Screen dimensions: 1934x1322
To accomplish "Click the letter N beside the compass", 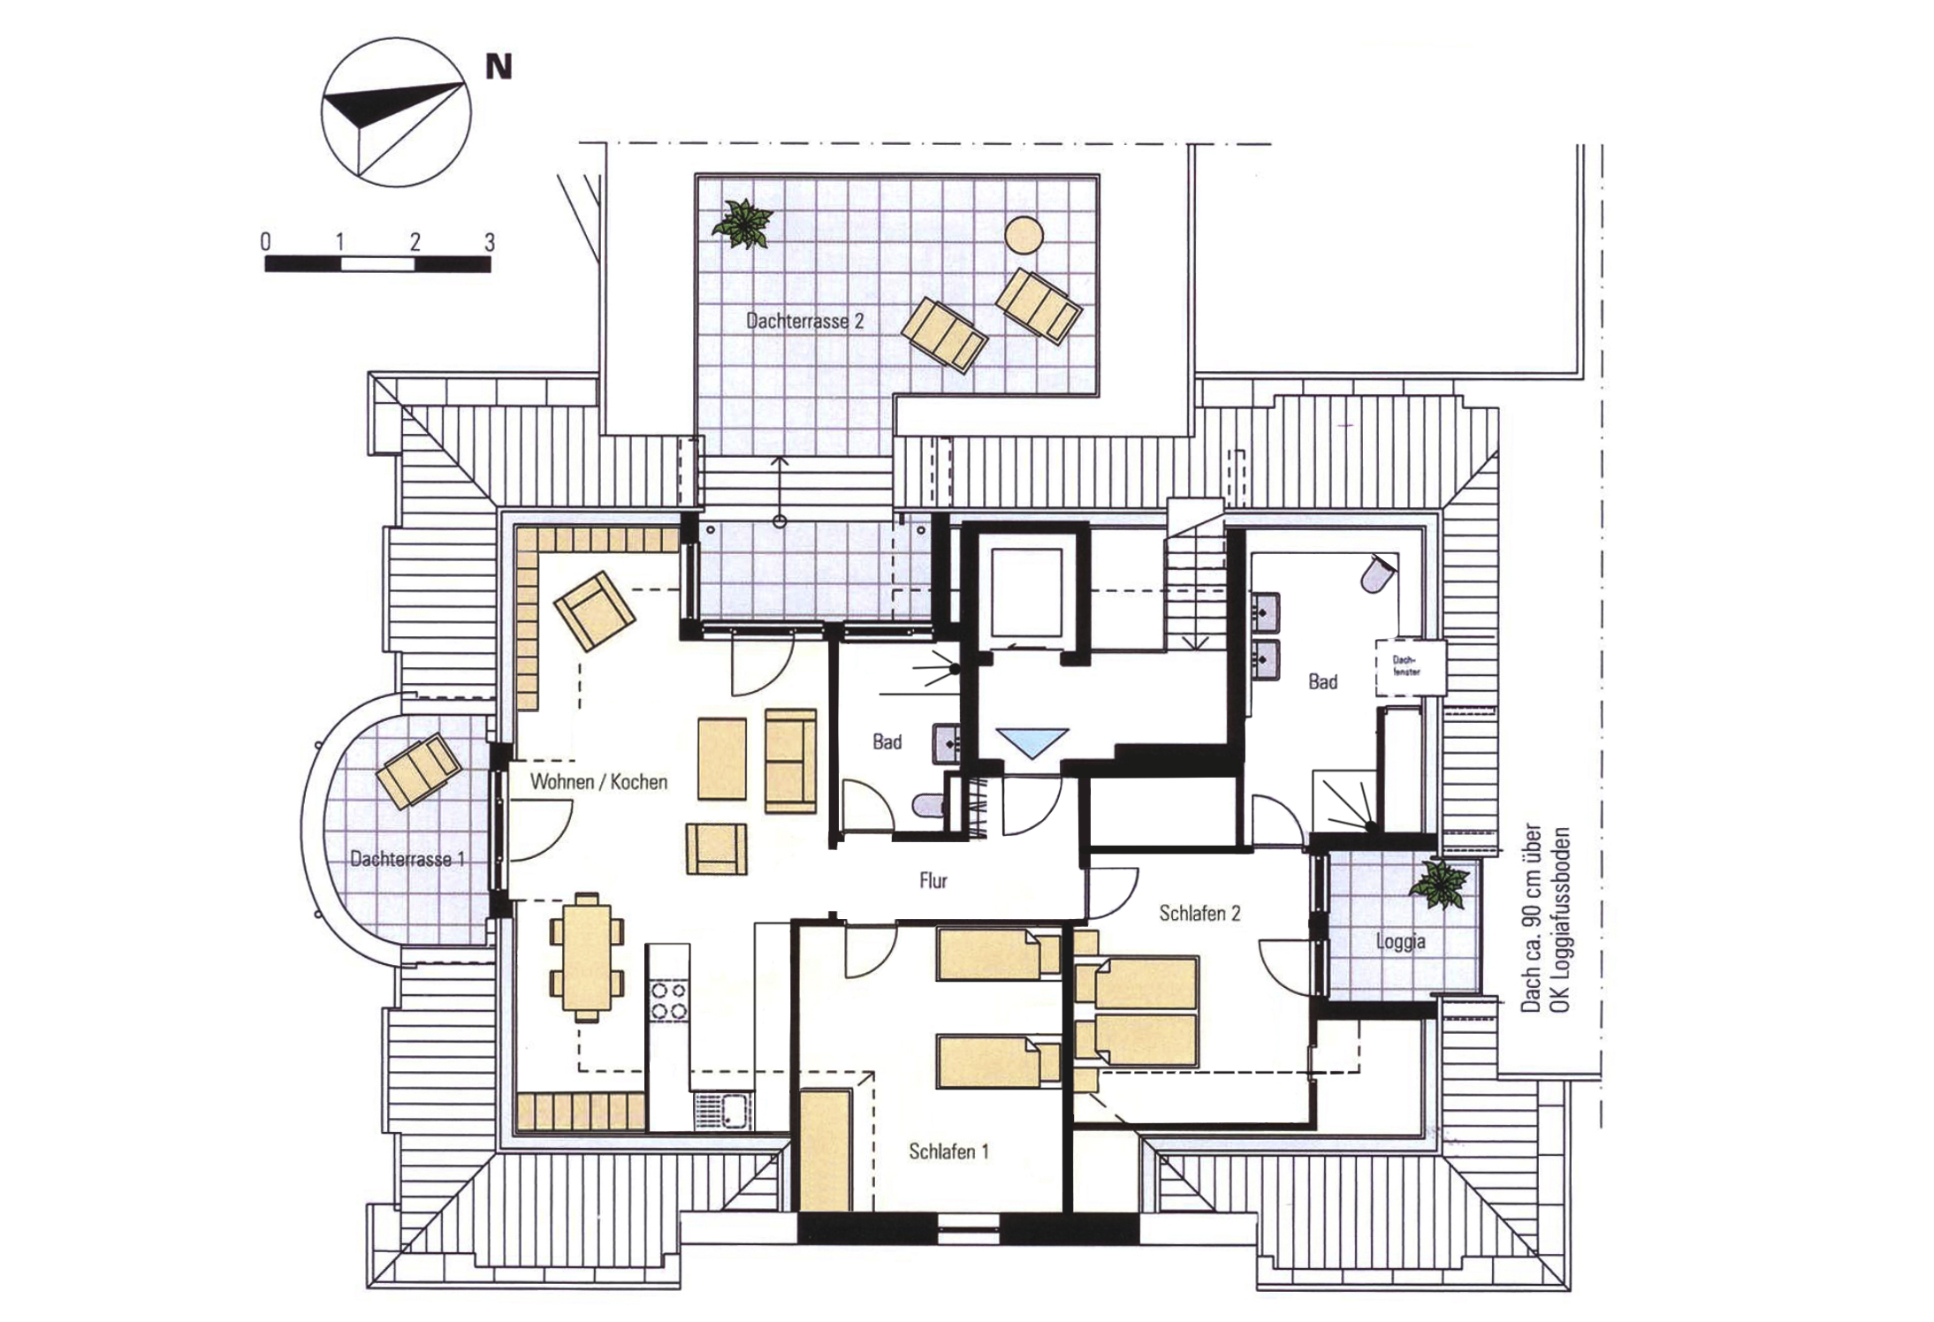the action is pos(499,67).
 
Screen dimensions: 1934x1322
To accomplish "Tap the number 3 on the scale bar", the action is pos(490,241).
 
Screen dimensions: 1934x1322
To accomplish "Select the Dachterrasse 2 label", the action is pos(804,321).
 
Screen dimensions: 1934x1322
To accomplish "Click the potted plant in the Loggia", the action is pos(1439,884).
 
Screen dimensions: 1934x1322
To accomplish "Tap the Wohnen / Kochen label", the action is pos(598,781).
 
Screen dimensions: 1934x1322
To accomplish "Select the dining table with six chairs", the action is pos(587,957).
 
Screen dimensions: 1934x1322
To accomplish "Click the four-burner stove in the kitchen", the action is pos(669,999).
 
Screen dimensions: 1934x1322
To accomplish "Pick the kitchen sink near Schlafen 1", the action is pos(723,1111).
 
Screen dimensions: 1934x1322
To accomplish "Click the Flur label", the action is pos(933,880).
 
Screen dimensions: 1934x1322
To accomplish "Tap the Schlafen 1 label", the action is pos(948,1151).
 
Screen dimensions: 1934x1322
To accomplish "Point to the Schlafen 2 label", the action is pos(1199,913).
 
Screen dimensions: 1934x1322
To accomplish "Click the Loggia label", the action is pos(1400,942).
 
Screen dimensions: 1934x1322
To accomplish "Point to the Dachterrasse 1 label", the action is pos(407,858).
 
